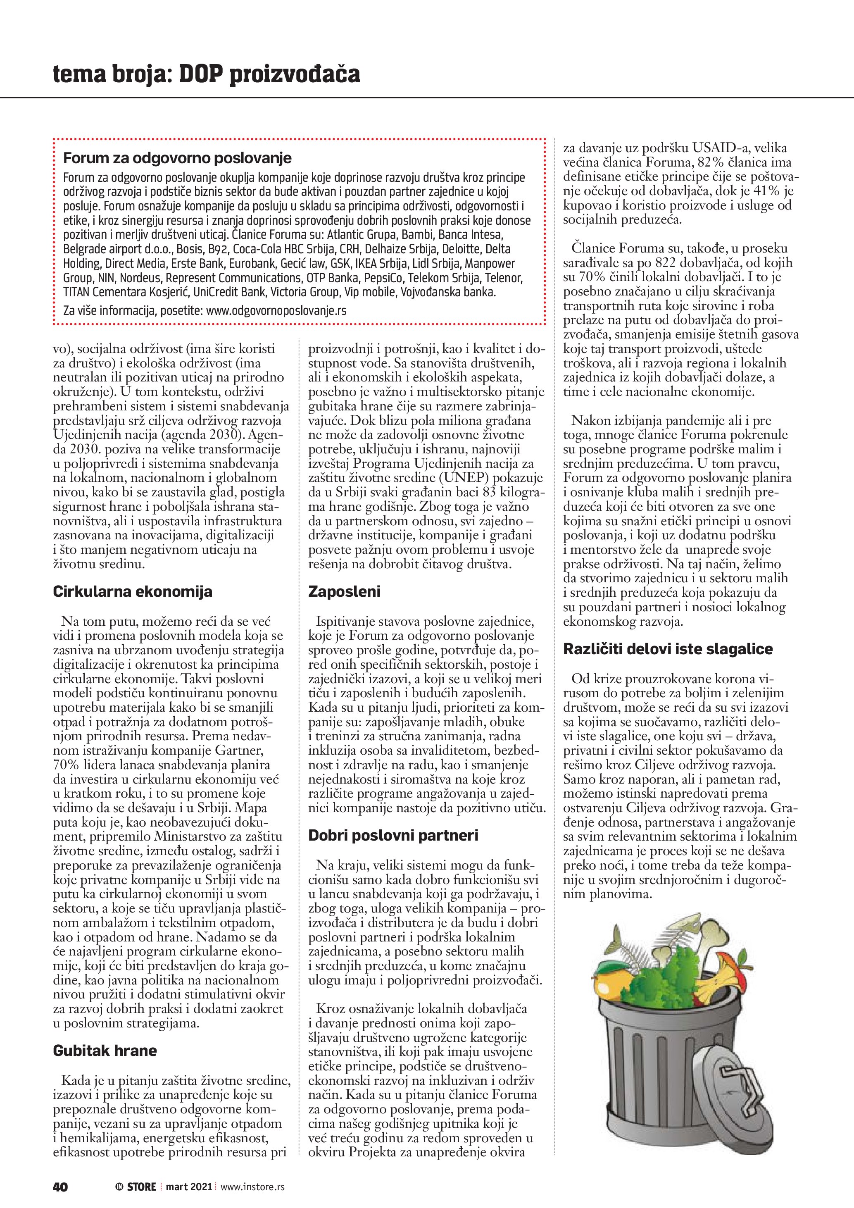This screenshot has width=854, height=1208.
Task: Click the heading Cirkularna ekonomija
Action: click(x=133, y=591)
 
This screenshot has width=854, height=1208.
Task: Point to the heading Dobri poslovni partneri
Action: click(x=393, y=836)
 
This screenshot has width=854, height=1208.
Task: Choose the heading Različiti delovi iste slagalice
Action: click(x=667, y=649)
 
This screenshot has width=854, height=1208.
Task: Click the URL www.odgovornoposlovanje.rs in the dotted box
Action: click(x=276, y=310)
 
